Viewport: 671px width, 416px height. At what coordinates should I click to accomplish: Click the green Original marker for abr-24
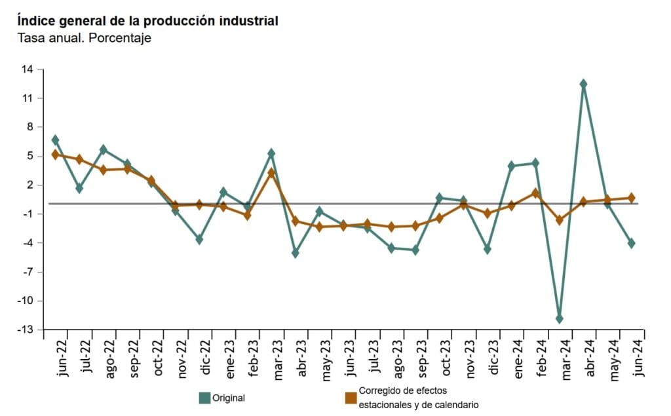pyautogui.click(x=583, y=84)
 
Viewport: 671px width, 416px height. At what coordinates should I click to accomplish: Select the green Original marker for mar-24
pyautogui.click(x=559, y=319)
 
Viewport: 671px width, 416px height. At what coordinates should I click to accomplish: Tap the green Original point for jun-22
pyautogui.click(x=55, y=140)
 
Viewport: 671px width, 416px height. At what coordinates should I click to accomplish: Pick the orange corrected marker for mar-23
pyautogui.click(x=271, y=173)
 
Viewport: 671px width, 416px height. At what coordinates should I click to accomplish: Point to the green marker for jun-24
pyautogui.click(x=632, y=243)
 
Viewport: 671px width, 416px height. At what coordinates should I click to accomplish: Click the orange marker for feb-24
pyautogui.click(x=535, y=193)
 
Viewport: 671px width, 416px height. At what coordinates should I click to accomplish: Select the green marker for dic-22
pyautogui.click(x=199, y=240)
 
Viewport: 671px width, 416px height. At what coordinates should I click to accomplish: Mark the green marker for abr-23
pyautogui.click(x=296, y=253)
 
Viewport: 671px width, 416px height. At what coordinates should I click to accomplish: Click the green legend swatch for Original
pyautogui.click(x=204, y=398)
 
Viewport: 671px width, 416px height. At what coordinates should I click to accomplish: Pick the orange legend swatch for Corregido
pyautogui.click(x=351, y=398)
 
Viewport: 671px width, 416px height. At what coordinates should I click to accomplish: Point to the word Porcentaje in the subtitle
pyautogui.click(x=124, y=38)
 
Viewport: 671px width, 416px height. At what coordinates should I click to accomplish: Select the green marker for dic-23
pyautogui.click(x=488, y=250)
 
